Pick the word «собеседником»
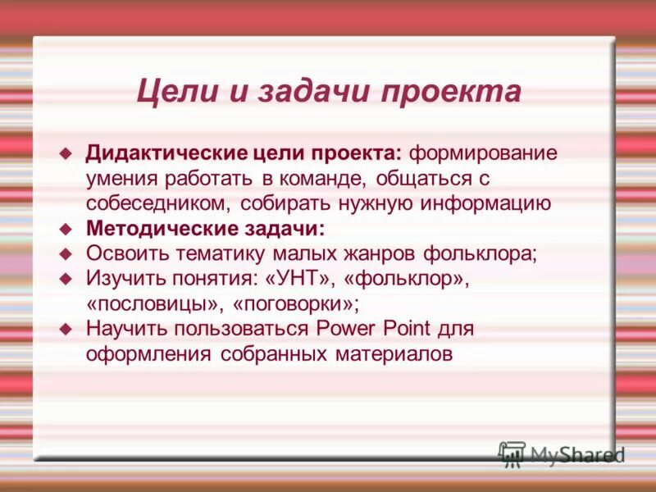tap(162, 203)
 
